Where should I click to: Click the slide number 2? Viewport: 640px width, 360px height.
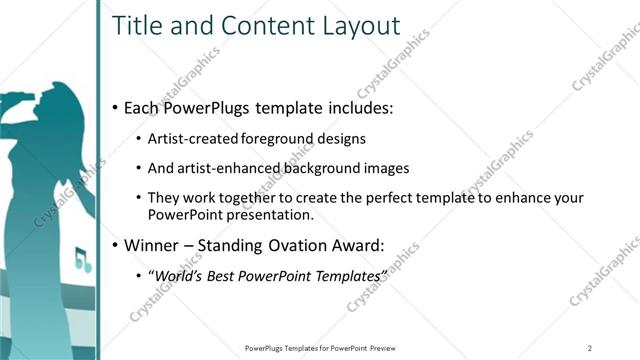590,347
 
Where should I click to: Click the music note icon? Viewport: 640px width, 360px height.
82,262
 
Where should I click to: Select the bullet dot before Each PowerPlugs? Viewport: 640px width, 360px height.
115,108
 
